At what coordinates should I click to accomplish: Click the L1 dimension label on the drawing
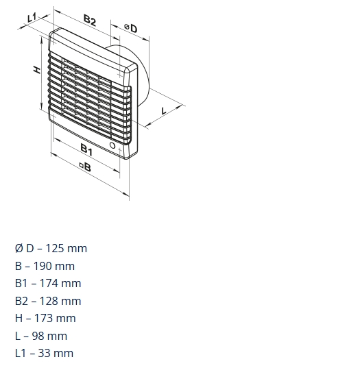pyautogui.click(x=32, y=17)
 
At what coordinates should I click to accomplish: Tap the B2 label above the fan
pyautogui.click(x=90, y=20)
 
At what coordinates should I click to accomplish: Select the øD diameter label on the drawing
pyautogui.click(x=131, y=28)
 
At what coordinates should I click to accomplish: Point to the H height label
pyautogui.click(x=37, y=69)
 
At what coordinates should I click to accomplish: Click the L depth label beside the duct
pyautogui.click(x=164, y=111)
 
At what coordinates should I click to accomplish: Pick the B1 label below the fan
pyautogui.click(x=86, y=149)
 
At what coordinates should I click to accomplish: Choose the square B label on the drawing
pyautogui.click(x=86, y=167)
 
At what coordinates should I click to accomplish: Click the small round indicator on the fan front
pyautogui.click(x=112, y=145)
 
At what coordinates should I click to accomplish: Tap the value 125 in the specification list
pyautogui.click(x=54, y=248)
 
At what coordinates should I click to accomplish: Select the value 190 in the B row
pyautogui.click(x=42, y=266)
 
